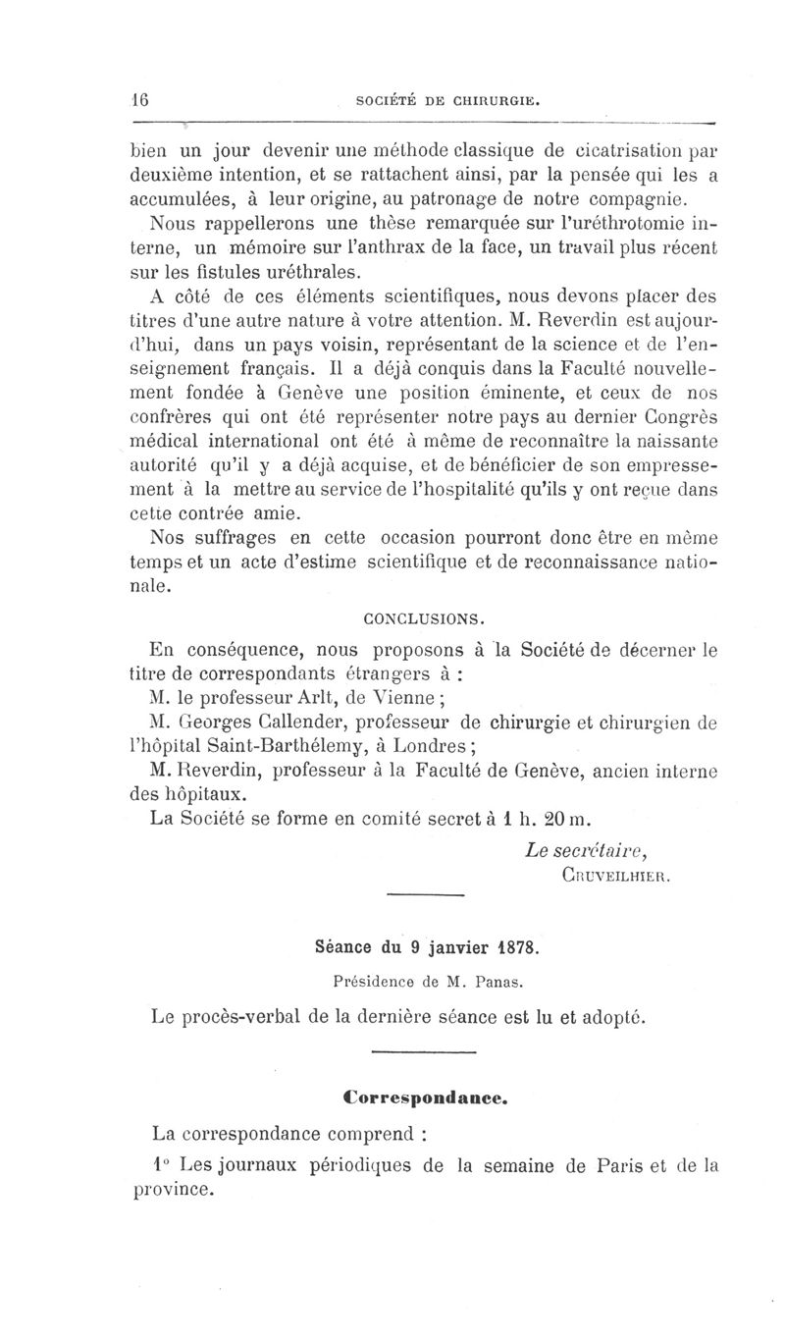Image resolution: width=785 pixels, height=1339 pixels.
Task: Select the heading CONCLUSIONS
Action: coord(424,620)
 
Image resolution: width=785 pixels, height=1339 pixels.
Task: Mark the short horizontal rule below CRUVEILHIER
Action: coord(425,895)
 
